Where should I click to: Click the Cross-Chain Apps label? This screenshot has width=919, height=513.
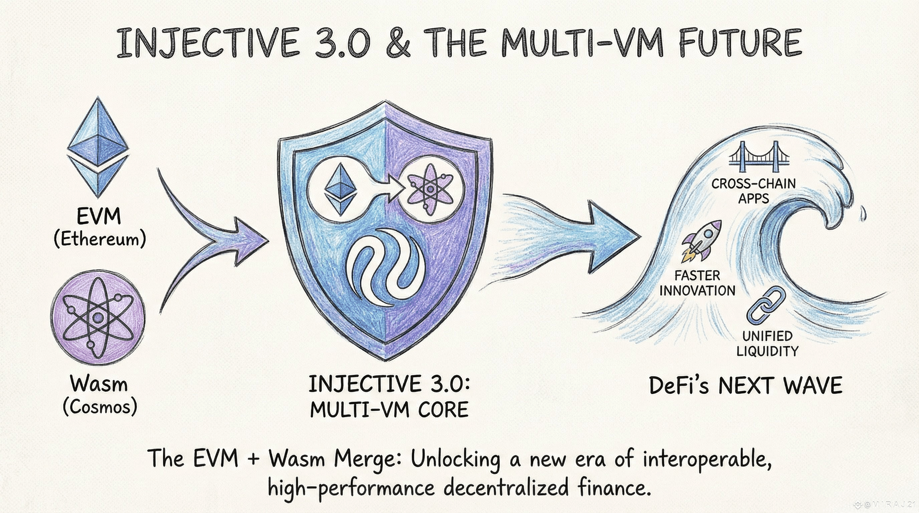click(x=753, y=191)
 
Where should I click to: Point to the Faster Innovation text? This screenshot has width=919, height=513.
click(x=698, y=283)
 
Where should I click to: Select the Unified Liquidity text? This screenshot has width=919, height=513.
click(x=767, y=344)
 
